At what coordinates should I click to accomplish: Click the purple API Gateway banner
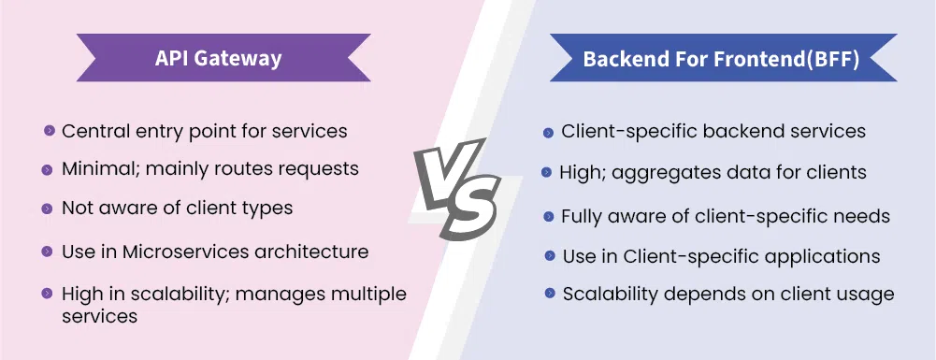pos(223,57)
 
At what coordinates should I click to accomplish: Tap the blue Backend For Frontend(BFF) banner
pos(723,57)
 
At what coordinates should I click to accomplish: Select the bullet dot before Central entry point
pos(49,130)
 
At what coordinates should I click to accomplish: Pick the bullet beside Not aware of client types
pos(47,209)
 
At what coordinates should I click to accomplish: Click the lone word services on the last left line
pos(100,315)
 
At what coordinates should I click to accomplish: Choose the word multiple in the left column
pos(369,295)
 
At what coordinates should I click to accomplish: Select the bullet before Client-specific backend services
pos(548,133)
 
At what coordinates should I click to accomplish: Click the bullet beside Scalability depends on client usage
pos(550,293)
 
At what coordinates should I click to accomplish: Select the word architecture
pos(311,252)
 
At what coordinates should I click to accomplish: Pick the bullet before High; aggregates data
pos(546,173)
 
